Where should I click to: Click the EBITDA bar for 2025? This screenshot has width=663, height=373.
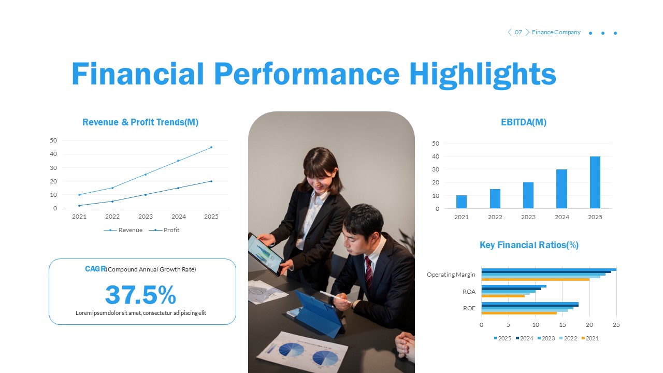click(x=595, y=182)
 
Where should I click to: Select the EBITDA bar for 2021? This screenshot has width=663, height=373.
click(x=462, y=202)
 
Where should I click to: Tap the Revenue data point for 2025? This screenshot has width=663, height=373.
click(x=211, y=147)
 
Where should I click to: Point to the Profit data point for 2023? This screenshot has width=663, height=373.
click(x=145, y=195)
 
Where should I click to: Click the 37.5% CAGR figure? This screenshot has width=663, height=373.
click(x=140, y=295)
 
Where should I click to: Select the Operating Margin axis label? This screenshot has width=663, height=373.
click(x=451, y=275)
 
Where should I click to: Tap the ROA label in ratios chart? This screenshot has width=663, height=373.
click(x=469, y=292)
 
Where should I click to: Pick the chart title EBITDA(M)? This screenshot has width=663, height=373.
click(x=524, y=122)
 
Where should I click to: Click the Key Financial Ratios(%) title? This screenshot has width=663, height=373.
click(x=529, y=245)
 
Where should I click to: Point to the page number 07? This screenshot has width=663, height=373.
click(x=518, y=32)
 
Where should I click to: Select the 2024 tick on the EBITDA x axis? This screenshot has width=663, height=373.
click(x=561, y=217)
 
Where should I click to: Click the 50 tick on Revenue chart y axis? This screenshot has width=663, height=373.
click(x=53, y=140)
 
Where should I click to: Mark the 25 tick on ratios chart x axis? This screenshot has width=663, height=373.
click(x=616, y=325)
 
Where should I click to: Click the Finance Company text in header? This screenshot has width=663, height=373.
click(x=556, y=32)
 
